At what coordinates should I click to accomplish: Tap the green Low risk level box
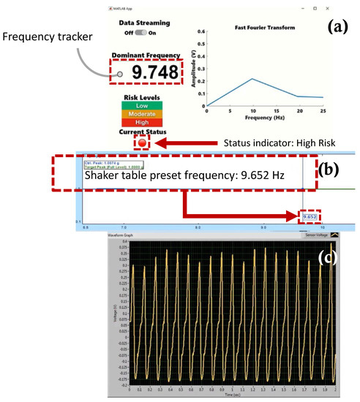coord(142,106)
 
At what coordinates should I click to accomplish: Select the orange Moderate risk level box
coord(142,114)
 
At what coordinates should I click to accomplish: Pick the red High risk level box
coord(142,123)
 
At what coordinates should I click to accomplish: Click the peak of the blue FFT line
coord(251,78)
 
